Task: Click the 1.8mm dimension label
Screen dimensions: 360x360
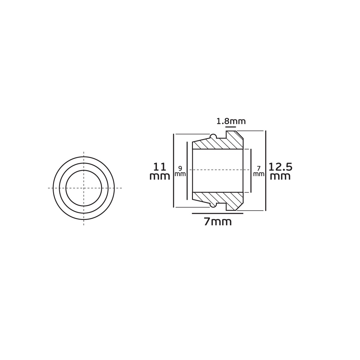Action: coord(231,121)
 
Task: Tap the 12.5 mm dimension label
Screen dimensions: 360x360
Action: coord(280,172)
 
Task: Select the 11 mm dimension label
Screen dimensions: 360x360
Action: coord(160,172)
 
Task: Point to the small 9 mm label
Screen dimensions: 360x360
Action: coord(180,171)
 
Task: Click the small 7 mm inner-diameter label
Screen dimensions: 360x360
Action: coord(259,171)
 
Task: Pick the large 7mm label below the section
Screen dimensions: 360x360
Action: coord(217,222)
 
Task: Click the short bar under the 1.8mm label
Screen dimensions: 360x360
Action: coord(231,127)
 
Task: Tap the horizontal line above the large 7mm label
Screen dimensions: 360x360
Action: coord(217,213)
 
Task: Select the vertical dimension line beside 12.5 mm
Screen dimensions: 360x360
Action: coord(266,171)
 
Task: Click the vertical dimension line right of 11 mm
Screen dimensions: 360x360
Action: coord(174,171)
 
